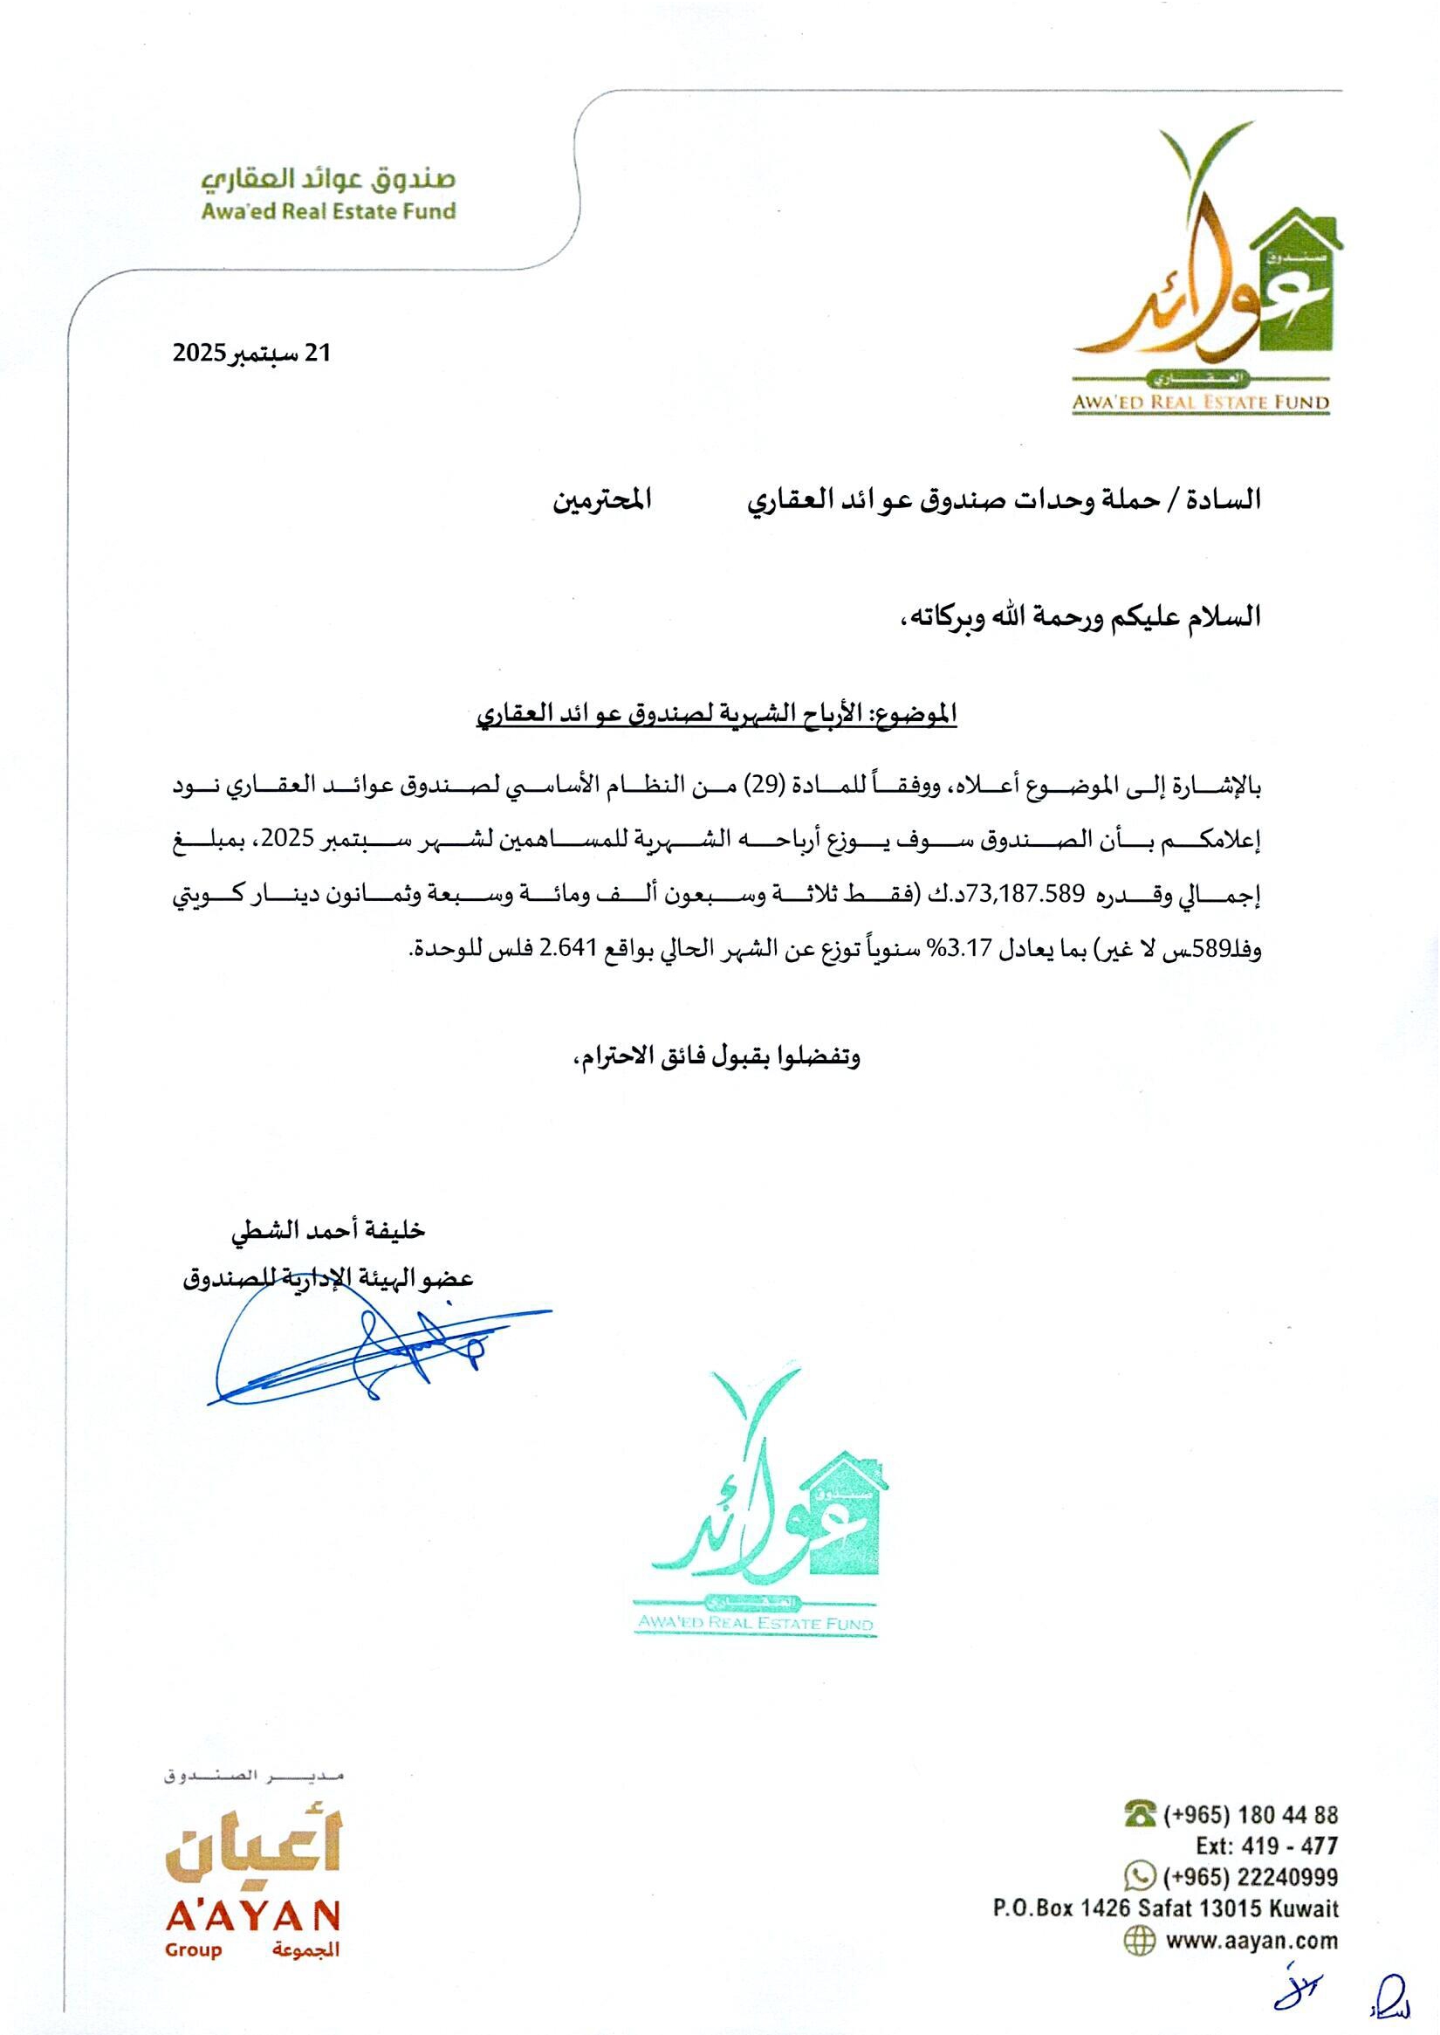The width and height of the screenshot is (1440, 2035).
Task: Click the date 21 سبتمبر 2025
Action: (x=251, y=353)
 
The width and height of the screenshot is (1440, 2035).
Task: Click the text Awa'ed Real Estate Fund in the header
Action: (x=328, y=212)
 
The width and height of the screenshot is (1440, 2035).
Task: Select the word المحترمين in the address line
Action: (x=602, y=501)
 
